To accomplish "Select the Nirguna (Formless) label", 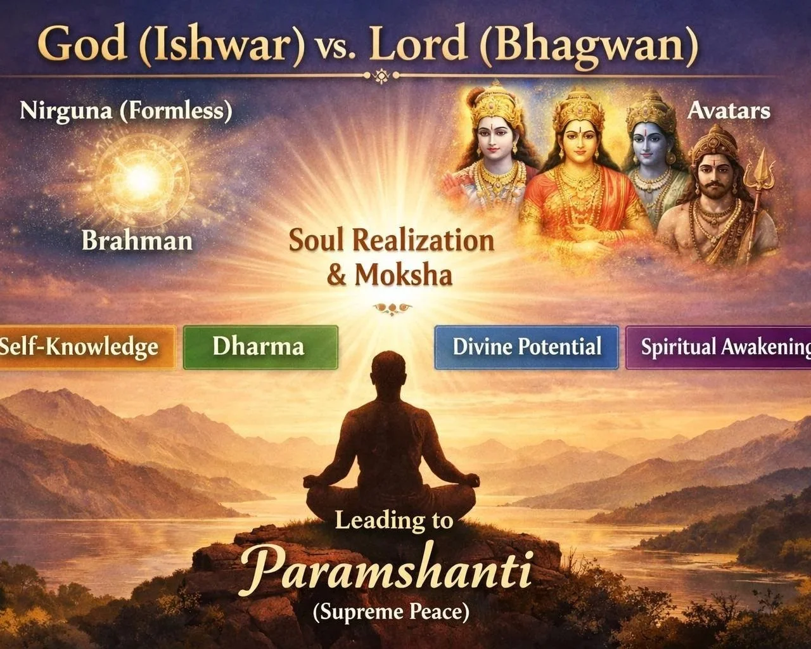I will click(126, 111).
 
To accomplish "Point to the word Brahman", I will click(137, 241).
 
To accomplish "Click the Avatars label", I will click(729, 111).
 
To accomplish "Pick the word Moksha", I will click(404, 274).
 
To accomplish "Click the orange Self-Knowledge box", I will click(86, 347).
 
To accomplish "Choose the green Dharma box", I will click(260, 347).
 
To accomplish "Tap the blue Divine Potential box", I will click(527, 347).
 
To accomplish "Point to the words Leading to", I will click(394, 520).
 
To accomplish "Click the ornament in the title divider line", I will click(379, 76).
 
